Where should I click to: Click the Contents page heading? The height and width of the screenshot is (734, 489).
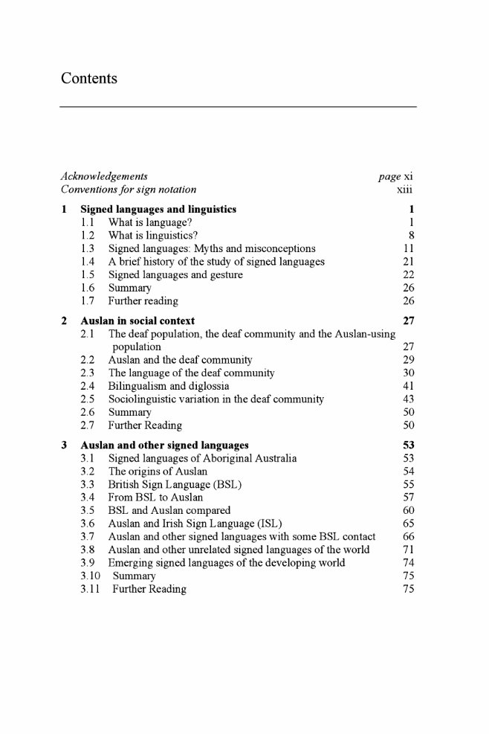pyautogui.click(x=89, y=78)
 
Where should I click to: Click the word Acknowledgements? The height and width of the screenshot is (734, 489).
pyautogui.click(x=103, y=176)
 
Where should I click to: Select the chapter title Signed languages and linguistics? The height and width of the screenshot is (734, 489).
pyautogui.click(x=158, y=209)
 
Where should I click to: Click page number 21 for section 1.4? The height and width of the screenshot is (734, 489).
pyautogui.click(x=407, y=262)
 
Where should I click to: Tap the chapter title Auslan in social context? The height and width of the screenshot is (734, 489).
pyautogui.click(x=137, y=321)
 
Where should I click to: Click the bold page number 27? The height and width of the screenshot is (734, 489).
pyautogui.click(x=407, y=321)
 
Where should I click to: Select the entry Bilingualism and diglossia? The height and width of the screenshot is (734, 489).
pyautogui.click(x=169, y=386)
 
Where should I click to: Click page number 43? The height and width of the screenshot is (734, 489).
pyautogui.click(x=407, y=399)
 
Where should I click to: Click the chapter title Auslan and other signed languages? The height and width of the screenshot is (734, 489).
pyautogui.click(x=164, y=445)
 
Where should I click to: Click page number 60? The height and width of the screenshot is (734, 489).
pyautogui.click(x=407, y=510)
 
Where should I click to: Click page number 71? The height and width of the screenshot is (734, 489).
pyautogui.click(x=407, y=550)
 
